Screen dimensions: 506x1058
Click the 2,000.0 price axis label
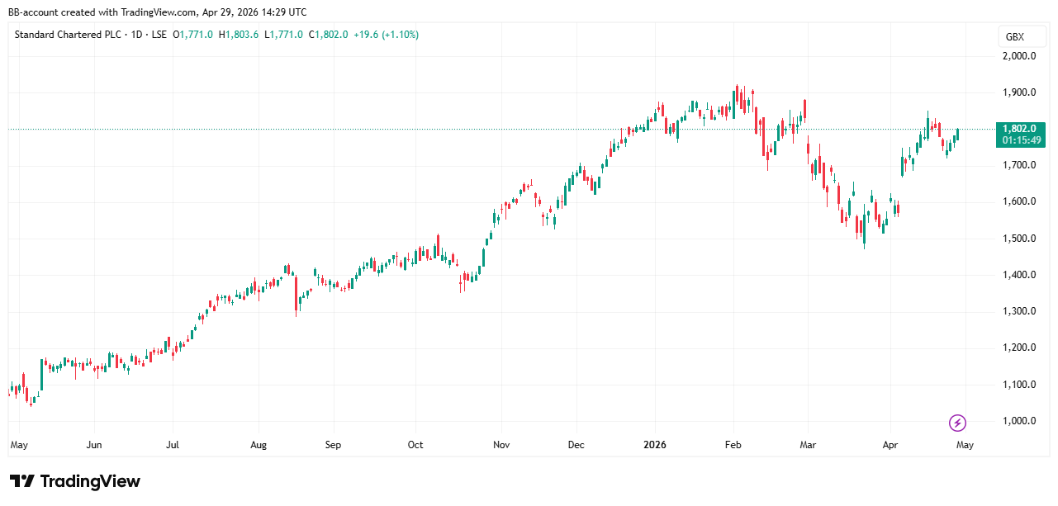coord(1019,56)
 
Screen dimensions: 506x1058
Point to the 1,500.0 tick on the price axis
coord(1019,239)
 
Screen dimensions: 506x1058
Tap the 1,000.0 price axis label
coord(1019,421)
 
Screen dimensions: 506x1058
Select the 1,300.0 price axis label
coord(1019,311)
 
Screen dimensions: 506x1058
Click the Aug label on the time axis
coord(259,445)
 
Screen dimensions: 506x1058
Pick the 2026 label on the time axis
coord(654,445)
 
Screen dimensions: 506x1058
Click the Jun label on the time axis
coord(94,445)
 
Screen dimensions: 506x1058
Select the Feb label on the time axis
coord(733,445)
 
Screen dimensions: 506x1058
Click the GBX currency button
coord(1014,37)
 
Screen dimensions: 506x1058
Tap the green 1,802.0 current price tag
coord(1023,129)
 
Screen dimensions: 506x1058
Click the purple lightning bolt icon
coord(957,423)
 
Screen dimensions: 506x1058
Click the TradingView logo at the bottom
coord(75,481)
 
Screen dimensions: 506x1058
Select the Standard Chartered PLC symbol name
coord(66,35)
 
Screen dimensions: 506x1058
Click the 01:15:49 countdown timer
coord(1023,140)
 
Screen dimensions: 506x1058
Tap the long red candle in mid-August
coord(297,296)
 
